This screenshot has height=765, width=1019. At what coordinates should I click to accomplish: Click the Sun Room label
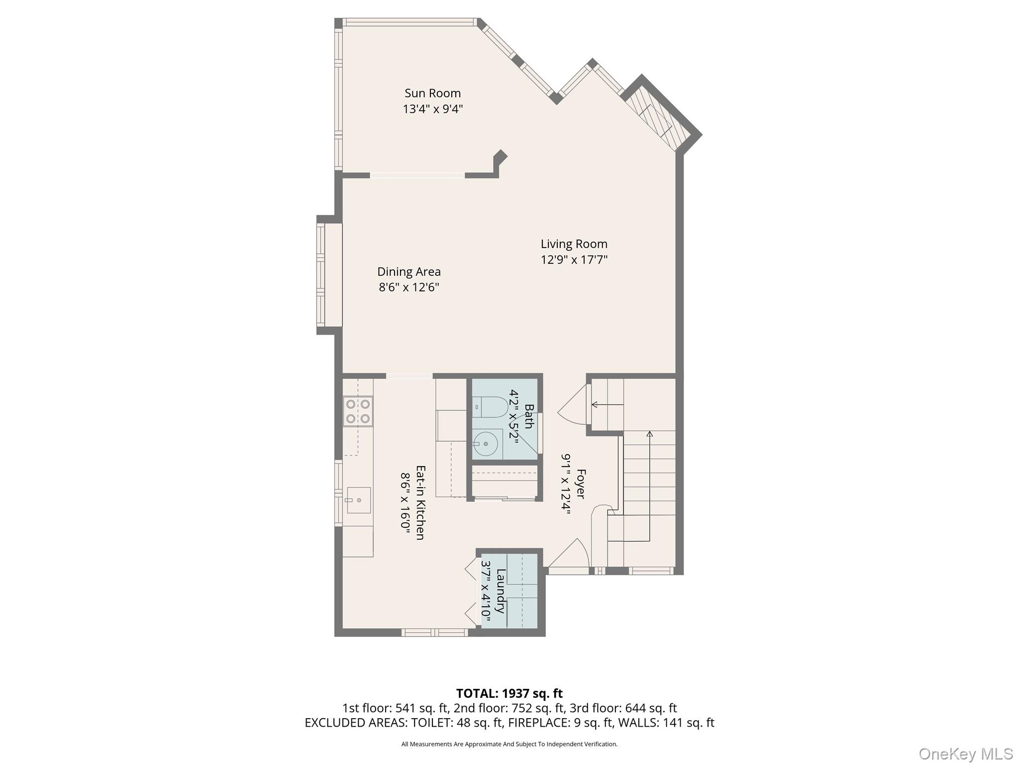(x=432, y=93)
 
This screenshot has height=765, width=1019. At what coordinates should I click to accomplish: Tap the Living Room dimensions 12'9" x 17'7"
(x=574, y=260)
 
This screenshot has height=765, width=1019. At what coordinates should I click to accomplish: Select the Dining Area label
(x=408, y=271)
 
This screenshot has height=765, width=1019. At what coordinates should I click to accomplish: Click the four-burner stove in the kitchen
(x=358, y=411)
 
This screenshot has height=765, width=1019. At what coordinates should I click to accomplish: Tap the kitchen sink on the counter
(x=358, y=500)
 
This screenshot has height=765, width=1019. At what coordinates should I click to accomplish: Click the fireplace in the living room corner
(x=658, y=120)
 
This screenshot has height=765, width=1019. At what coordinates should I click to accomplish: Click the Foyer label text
(x=580, y=484)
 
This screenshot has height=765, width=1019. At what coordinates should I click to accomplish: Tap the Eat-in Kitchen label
(x=420, y=503)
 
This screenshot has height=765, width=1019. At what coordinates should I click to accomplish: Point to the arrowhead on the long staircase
(x=649, y=434)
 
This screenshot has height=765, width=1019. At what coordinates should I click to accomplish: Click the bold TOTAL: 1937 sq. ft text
(x=509, y=693)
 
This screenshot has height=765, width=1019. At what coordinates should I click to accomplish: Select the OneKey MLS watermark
(x=965, y=754)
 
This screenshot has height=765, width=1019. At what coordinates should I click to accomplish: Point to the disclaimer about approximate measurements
(x=509, y=744)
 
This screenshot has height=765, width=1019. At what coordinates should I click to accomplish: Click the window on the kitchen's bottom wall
(x=434, y=633)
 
